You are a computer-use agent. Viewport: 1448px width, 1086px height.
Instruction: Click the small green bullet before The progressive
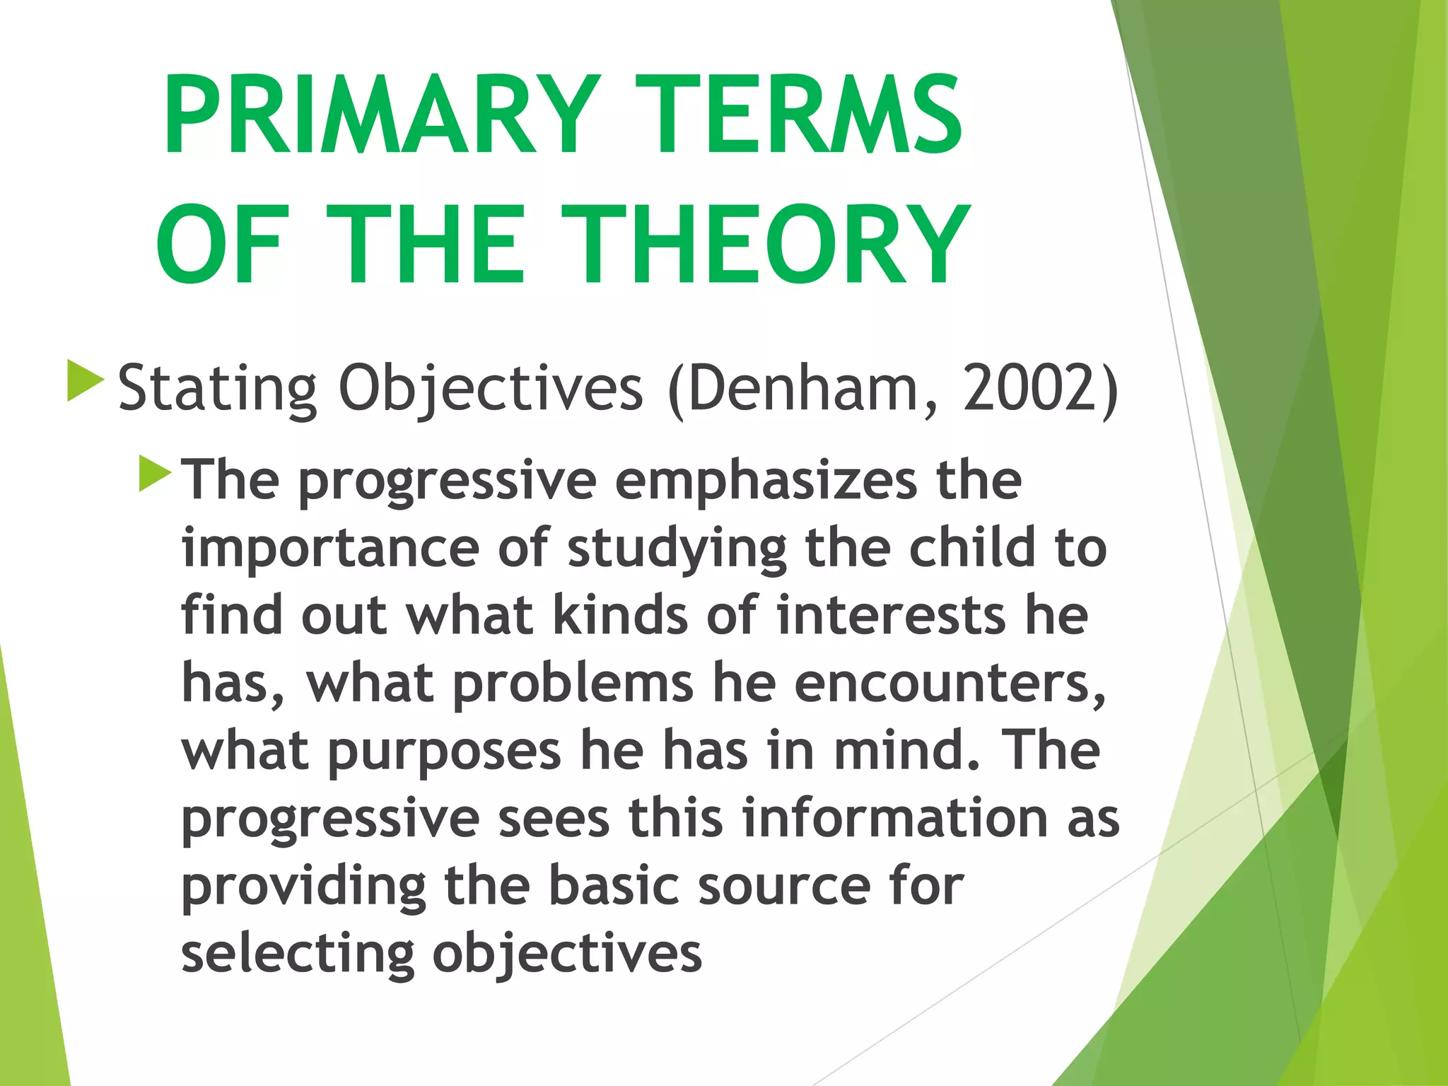point(155,473)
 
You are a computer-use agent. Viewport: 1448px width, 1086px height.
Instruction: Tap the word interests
point(891,615)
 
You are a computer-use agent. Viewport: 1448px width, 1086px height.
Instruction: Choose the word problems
point(573,684)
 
